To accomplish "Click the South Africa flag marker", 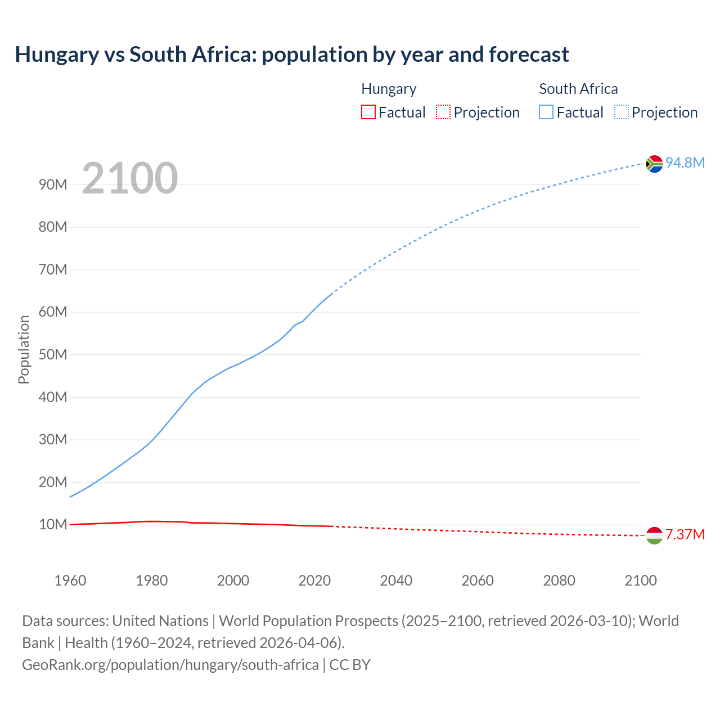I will [654, 164].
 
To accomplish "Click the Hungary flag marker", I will [654, 535].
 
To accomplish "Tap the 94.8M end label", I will [685, 163].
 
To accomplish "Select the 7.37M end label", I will [685, 534].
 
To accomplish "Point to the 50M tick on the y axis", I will [53, 354].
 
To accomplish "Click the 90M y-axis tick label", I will [53, 184].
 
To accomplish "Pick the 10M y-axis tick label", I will [53, 524].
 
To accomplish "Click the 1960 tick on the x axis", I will [70, 580].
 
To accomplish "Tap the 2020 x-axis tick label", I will [314, 580].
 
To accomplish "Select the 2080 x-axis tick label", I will [559, 580].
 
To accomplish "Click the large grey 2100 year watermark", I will [130, 178].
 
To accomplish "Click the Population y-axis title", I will [24, 349].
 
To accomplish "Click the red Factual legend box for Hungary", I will [368, 112].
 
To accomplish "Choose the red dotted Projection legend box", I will [443, 112].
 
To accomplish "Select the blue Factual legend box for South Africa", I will [546, 112].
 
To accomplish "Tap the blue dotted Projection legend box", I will [622, 112].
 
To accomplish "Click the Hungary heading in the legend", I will [389, 89].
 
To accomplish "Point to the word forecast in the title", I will [529, 55].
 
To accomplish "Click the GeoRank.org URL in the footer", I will [170, 665].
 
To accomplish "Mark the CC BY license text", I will [350, 665].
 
